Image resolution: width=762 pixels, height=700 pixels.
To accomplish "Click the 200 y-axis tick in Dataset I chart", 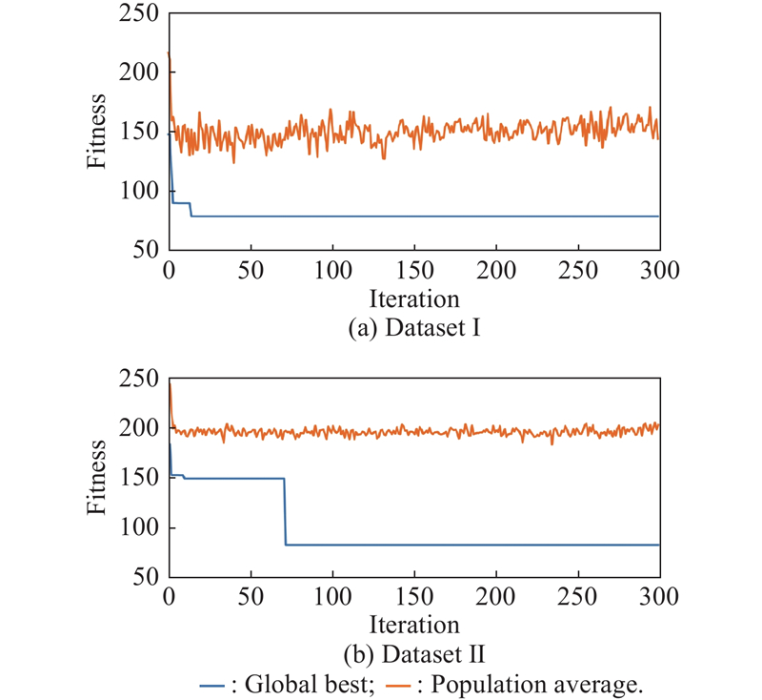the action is click(139, 72).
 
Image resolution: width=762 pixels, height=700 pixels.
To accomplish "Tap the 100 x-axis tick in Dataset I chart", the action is click(332, 271).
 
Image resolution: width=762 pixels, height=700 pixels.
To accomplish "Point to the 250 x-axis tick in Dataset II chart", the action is click(577, 597).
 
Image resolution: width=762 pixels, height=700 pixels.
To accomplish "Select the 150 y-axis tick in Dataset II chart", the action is click(139, 478).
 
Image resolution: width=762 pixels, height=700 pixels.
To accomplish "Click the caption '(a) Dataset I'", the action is click(414, 328).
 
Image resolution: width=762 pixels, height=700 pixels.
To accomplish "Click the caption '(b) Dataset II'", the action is click(414, 654).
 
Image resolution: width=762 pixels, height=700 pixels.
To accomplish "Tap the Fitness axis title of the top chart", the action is click(96, 132).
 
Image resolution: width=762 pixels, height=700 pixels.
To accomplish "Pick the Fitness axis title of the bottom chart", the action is click(96, 477).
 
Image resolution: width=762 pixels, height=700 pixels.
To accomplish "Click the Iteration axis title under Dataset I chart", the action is click(414, 299).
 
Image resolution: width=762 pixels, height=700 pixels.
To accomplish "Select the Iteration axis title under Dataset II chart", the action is click(414, 625).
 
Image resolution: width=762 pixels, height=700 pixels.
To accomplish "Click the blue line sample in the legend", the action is click(211, 687).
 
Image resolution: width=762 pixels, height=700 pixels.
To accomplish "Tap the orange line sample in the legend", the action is click(398, 687).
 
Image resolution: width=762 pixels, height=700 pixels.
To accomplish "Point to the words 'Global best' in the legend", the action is click(309, 685).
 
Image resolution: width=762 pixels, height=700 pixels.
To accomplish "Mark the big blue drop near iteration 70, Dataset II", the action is click(285, 512).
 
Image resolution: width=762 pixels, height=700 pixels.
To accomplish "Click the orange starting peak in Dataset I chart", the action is click(169, 52).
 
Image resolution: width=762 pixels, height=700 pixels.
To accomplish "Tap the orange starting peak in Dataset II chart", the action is click(170, 384).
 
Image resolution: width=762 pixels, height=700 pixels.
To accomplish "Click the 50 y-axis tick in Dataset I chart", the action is click(147, 250).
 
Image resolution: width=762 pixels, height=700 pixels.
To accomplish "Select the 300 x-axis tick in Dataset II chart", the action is click(659, 597).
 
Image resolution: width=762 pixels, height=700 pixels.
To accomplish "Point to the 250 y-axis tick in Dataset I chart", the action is click(139, 13).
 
